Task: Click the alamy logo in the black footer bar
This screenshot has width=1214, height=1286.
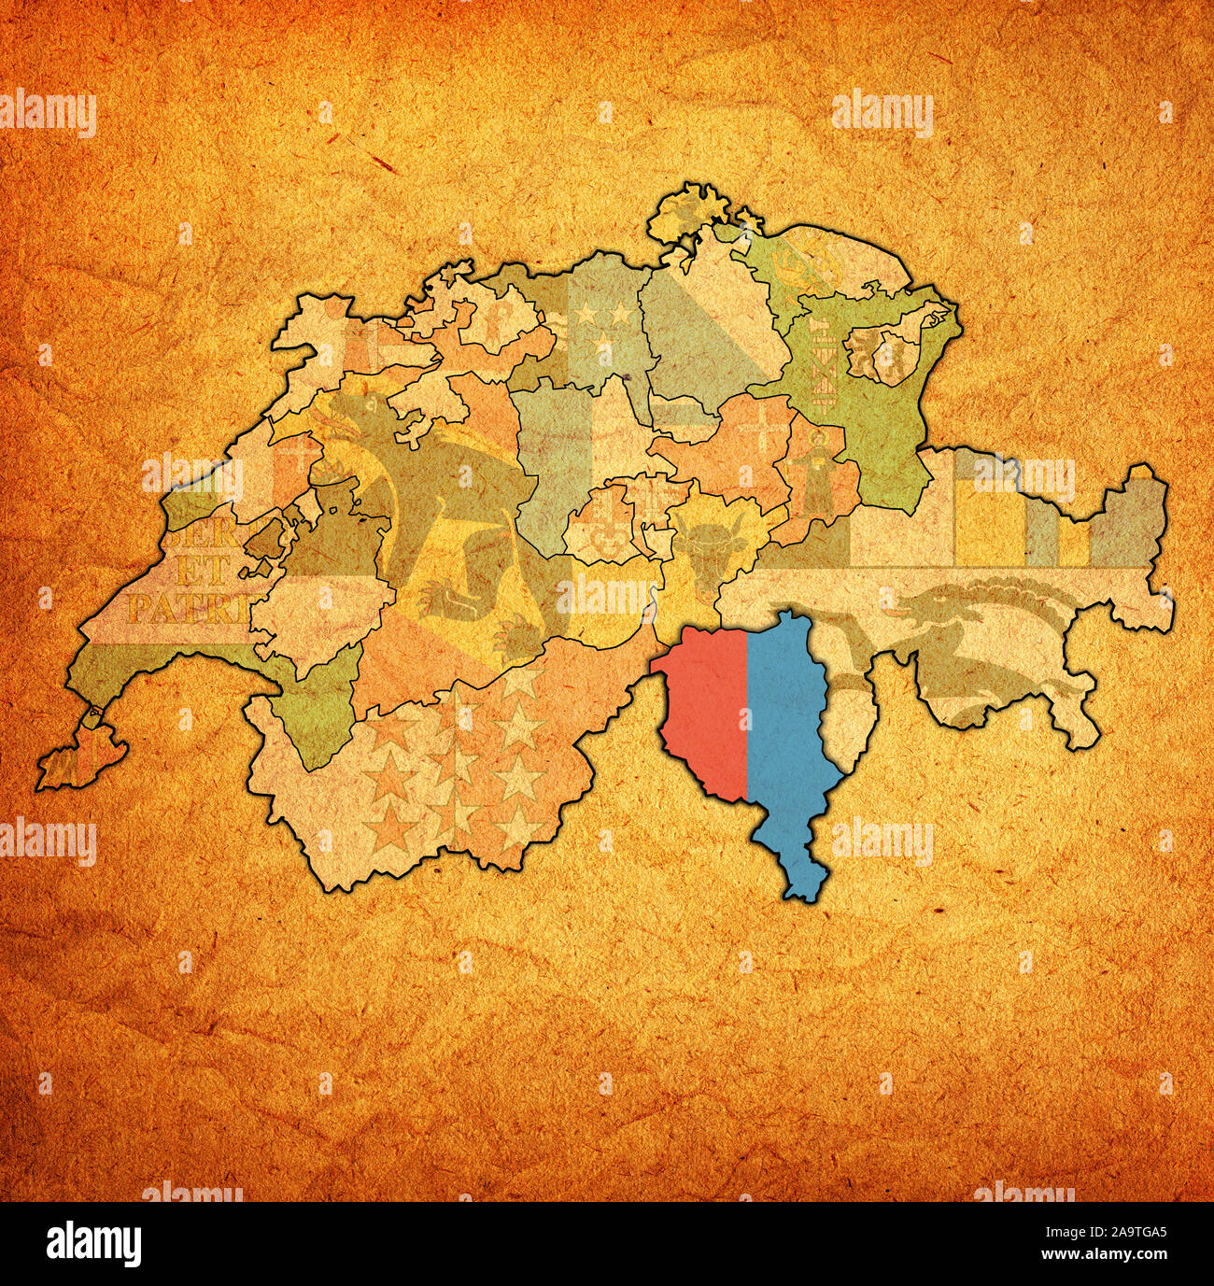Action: (x=93, y=1243)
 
